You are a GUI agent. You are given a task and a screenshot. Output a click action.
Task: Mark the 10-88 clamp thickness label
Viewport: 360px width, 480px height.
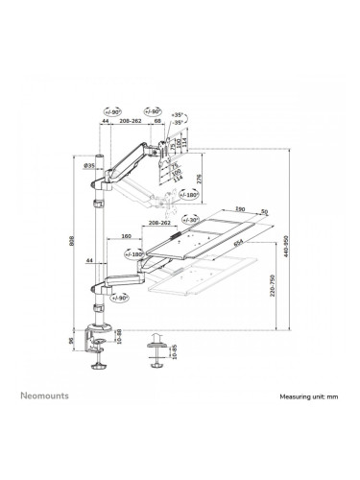(118, 335)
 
